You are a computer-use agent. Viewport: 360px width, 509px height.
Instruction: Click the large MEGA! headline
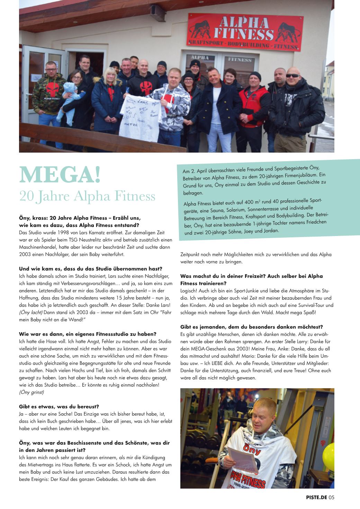coord(60,175)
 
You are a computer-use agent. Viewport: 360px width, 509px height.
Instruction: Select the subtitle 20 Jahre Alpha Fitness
coord(87,196)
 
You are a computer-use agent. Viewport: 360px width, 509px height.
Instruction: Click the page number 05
coord(331,498)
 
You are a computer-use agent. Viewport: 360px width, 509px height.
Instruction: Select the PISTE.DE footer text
coord(316,498)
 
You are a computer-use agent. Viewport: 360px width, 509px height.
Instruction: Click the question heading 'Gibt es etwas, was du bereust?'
coord(59,406)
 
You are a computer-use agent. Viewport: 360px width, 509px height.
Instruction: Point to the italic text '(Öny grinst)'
coord(31,392)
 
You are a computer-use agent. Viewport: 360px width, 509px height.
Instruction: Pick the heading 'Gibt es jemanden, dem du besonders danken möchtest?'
coord(252,327)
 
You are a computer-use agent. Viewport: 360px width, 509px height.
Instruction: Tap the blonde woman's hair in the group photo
coord(110,74)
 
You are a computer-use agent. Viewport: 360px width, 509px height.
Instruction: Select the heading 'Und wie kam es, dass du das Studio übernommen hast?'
coord(91,269)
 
